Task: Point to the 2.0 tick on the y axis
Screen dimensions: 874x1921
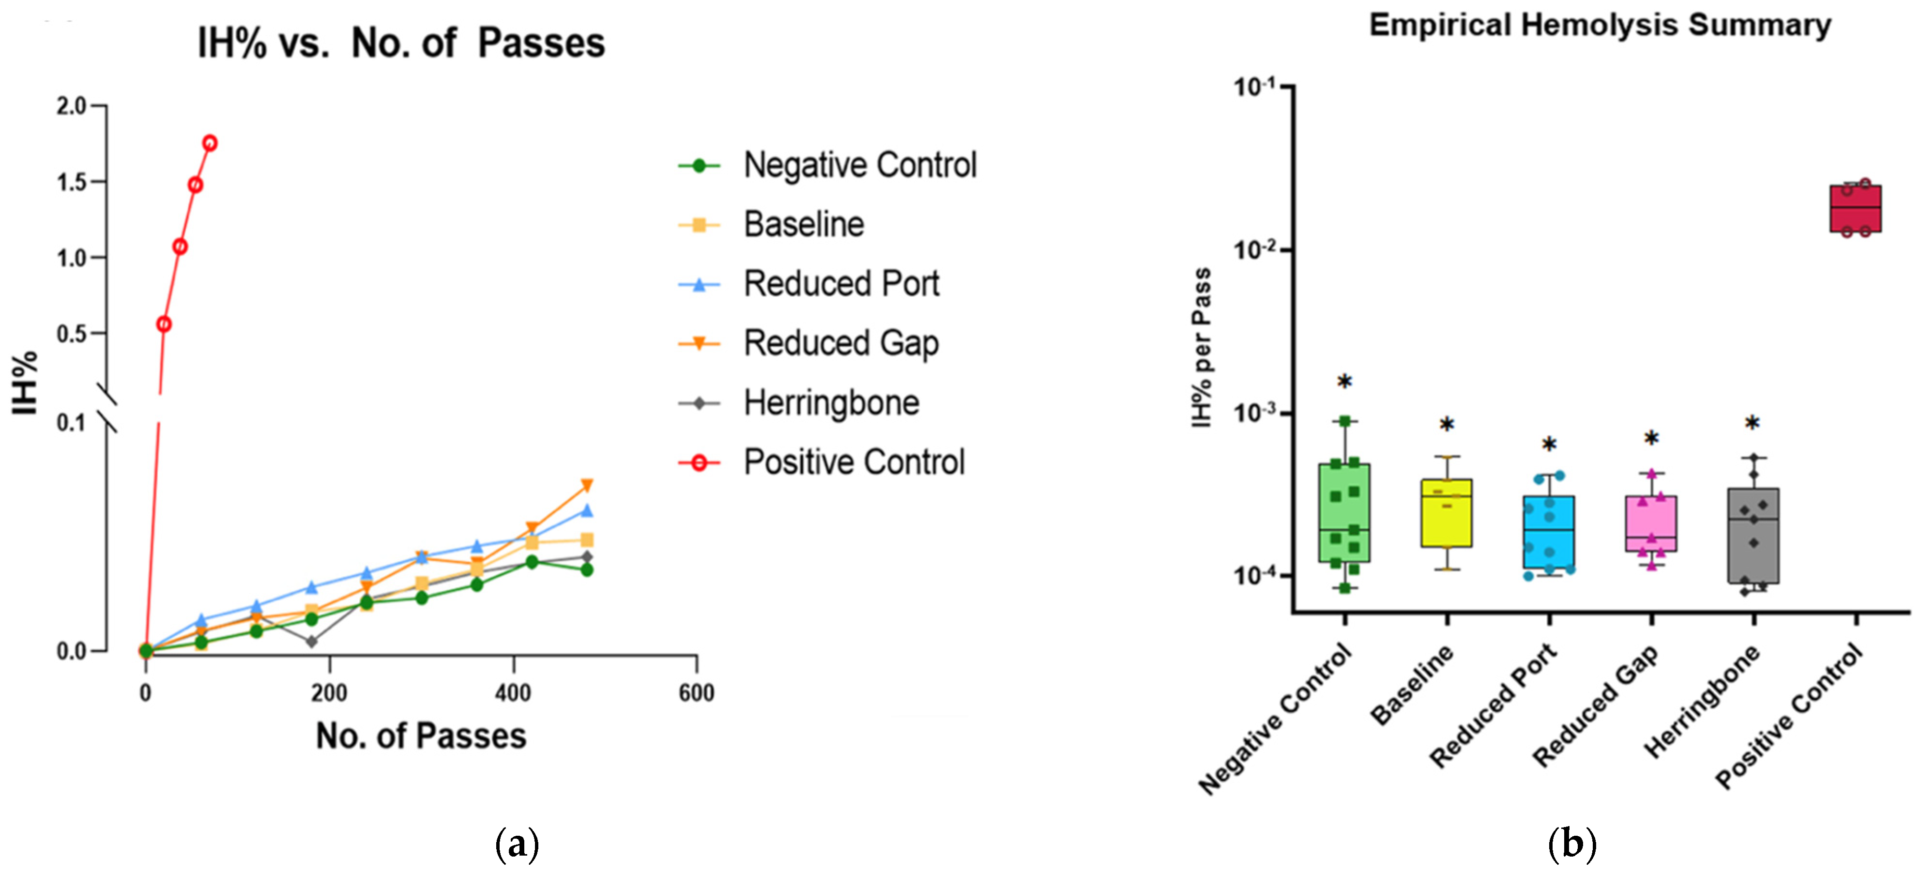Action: coord(72,106)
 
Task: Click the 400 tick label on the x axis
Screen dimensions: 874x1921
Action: coord(513,693)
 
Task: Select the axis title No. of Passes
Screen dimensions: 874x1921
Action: coord(421,736)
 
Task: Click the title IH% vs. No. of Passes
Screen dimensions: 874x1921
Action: coord(401,43)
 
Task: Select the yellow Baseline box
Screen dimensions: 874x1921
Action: coord(1446,513)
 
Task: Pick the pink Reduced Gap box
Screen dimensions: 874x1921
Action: coord(1651,523)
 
